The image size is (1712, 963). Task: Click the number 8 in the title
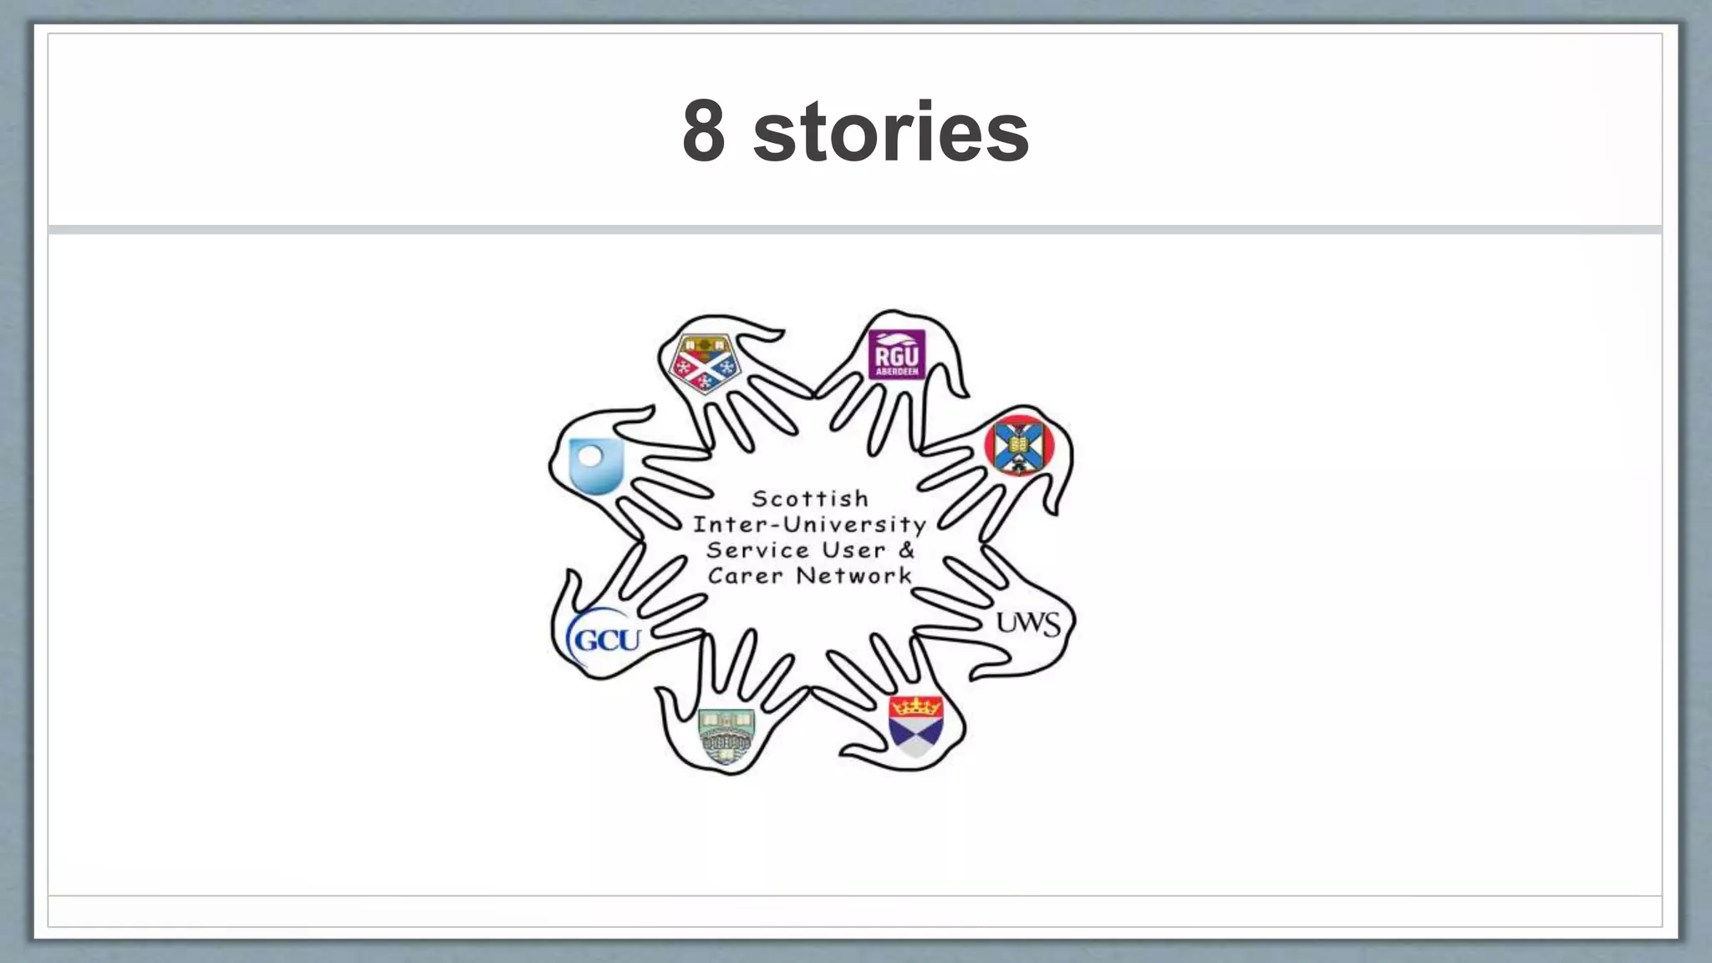(x=703, y=132)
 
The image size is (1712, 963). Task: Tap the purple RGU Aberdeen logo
(x=896, y=354)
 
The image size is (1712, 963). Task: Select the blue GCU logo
(x=606, y=639)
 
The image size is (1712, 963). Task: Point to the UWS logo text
(x=1028, y=624)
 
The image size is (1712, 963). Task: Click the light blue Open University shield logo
(x=596, y=465)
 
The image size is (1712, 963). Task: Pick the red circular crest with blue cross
(x=1019, y=446)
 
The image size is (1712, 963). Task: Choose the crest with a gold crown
(x=916, y=724)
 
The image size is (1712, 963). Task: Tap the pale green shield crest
(x=726, y=736)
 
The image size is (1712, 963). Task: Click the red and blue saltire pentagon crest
(x=705, y=363)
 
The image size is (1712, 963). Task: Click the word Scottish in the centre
(x=810, y=499)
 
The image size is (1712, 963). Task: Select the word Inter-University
(x=809, y=525)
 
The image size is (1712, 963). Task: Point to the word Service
(x=759, y=550)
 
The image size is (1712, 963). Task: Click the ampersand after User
(x=907, y=550)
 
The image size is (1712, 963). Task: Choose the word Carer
(x=745, y=576)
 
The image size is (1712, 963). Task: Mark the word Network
(x=853, y=576)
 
